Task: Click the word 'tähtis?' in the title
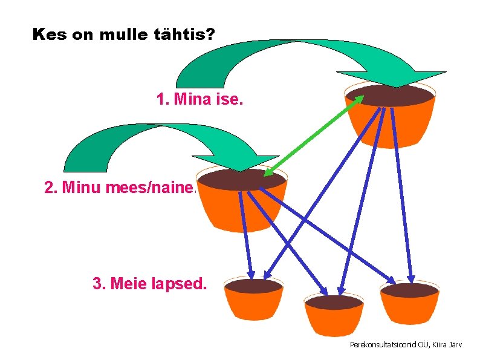185,34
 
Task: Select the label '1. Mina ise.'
199,99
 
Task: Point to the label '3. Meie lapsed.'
149,283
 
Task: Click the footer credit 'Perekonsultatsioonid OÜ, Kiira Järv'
406,344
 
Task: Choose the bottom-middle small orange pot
334,316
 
